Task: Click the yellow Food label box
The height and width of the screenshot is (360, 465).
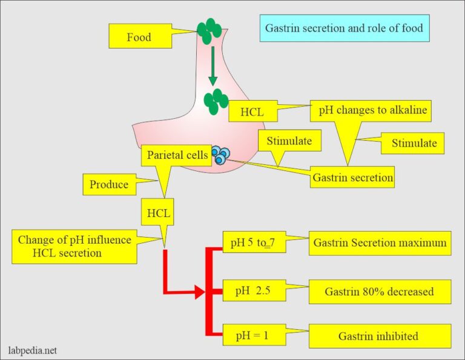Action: [x=139, y=37]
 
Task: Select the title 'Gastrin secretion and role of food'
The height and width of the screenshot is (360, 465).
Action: [x=345, y=28]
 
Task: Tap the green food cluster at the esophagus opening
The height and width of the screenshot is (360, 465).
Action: [x=209, y=30]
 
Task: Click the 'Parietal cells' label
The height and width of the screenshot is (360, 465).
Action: [x=176, y=155]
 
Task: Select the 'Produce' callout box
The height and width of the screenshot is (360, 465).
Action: [x=109, y=185]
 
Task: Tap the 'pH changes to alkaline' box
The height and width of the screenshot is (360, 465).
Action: [x=370, y=112]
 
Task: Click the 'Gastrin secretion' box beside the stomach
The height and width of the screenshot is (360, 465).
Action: [x=352, y=178]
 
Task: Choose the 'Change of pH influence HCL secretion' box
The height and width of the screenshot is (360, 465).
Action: [x=74, y=246]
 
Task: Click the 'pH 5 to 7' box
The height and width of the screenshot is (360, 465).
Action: [x=252, y=243]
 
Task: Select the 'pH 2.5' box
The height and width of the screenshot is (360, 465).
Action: [x=252, y=292]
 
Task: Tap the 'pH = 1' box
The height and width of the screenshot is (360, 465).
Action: [x=252, y=336]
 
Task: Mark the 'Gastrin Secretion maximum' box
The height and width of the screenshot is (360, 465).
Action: [x=380, y=243]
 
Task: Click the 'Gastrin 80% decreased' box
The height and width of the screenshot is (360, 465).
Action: [x=380, y=292]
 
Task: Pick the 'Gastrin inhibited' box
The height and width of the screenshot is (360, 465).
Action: [x=380, y=336]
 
